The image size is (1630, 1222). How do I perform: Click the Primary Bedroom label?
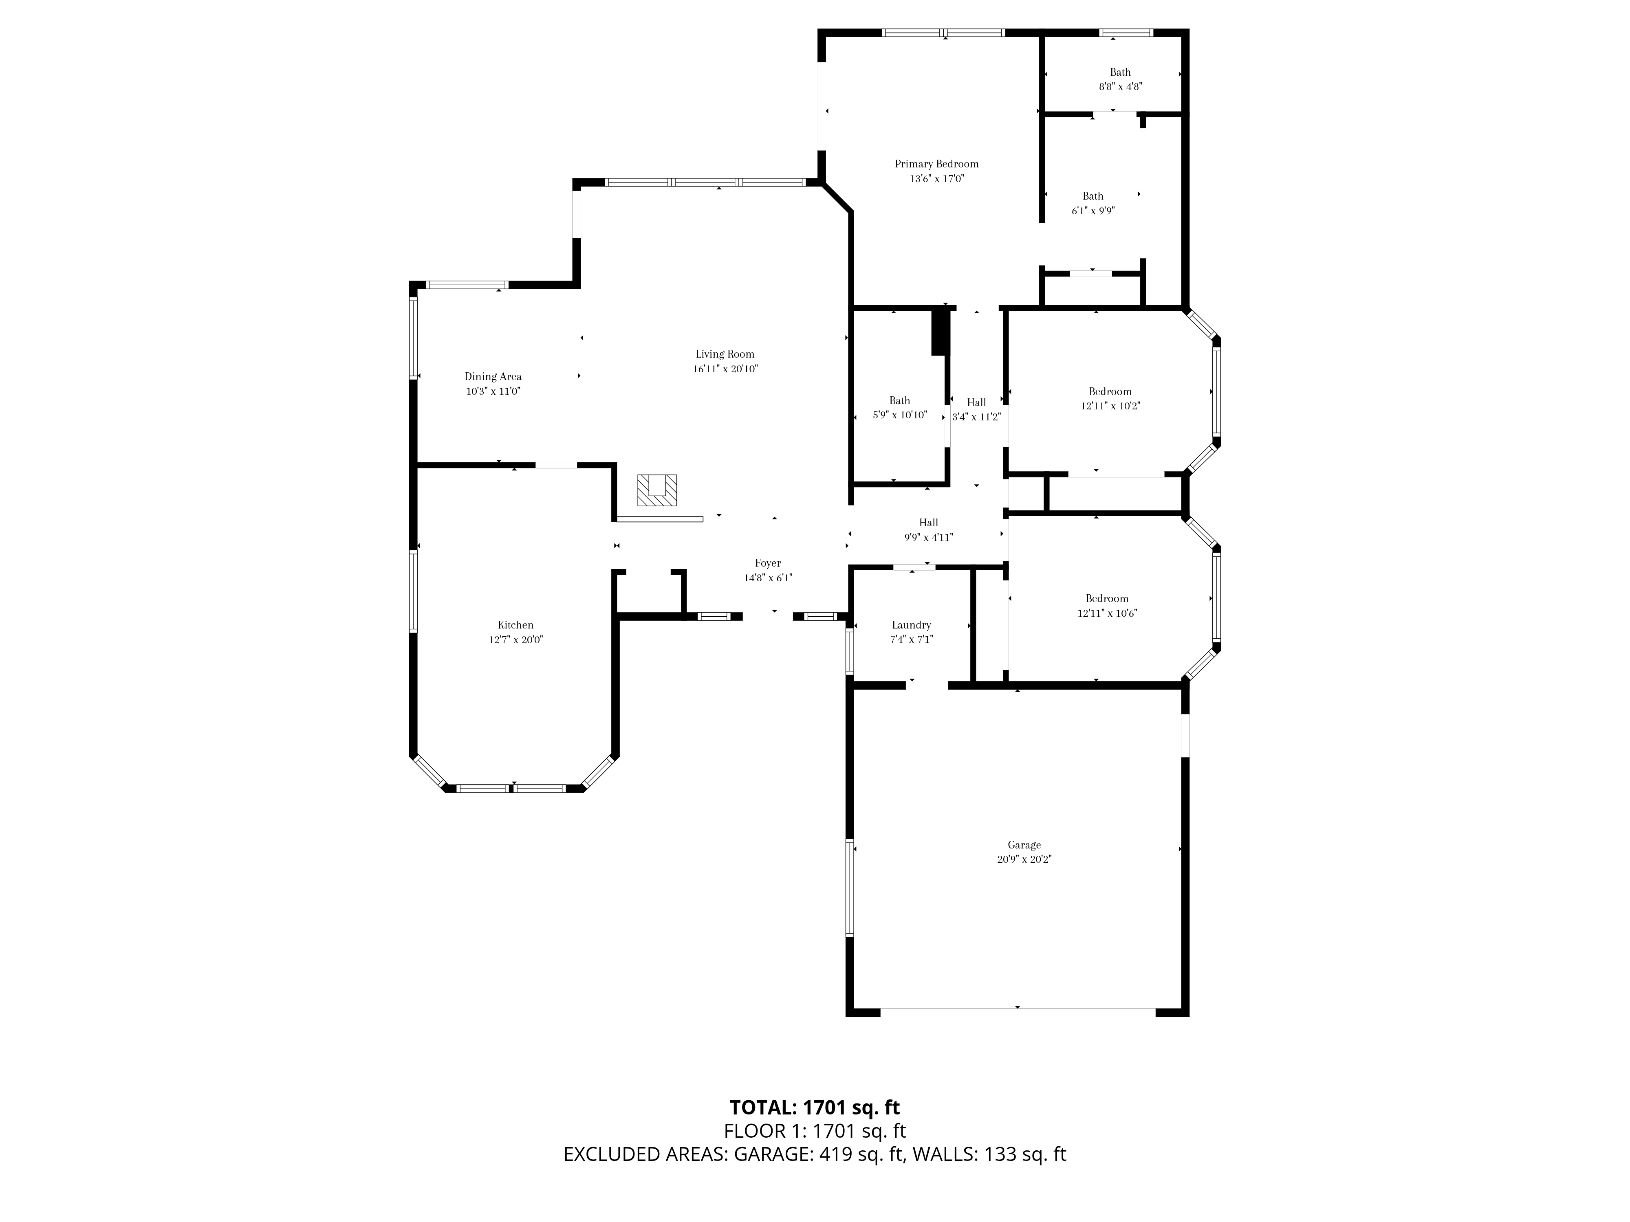click(x=936, y=164)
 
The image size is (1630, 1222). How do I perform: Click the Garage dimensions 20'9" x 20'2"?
click(x=1024, y=859)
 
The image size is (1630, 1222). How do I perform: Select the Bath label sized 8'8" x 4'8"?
click(x=1120, y=72)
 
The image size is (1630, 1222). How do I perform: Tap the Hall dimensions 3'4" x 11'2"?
click(x=976, y=417)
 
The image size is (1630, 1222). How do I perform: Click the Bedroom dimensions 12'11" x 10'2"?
click(x=1110, y=406)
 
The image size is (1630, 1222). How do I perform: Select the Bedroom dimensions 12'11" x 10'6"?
click(x=1108, y=613)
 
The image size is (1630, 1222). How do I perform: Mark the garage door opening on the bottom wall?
click(x=1018, y=1012)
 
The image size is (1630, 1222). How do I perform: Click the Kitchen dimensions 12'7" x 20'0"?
click(x=516, y=640)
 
